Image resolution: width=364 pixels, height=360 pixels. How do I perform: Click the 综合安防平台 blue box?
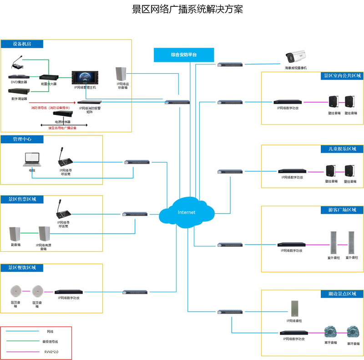point(184,55)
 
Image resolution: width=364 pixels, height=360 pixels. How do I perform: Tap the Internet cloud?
point(187,212)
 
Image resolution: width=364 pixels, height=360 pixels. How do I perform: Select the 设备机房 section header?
point(22,44)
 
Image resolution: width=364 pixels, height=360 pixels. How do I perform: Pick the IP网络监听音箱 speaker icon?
point(121,74)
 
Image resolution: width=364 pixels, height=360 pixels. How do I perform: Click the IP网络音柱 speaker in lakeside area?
point(297,309)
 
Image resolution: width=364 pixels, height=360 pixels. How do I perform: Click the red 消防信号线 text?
point(50,108)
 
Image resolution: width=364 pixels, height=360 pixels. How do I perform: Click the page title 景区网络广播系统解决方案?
point(182,9)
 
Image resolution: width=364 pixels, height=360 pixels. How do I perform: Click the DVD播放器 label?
point(19,83)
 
